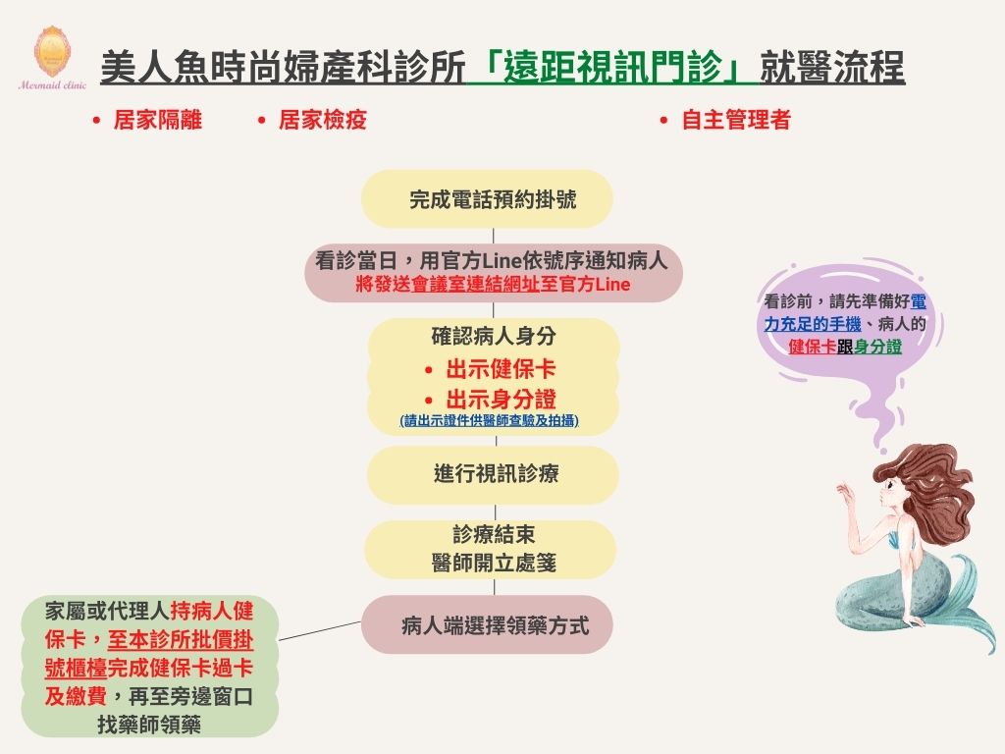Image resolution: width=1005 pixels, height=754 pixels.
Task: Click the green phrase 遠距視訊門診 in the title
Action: (x=612, y=68)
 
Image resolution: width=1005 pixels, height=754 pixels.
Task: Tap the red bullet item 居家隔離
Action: (x=158, y=120)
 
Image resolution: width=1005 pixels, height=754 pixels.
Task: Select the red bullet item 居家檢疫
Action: (x=322, y=120)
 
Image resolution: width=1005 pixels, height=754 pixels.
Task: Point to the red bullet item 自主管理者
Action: (x=736, y=120)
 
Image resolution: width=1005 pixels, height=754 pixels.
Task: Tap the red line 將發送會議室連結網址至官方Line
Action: (x=493, y=284)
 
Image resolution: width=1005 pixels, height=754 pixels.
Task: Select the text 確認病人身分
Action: (x=494, y=336)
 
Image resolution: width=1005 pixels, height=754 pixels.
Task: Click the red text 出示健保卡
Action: (x=501, y=369)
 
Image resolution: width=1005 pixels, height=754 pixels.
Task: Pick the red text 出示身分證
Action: (x=501, y=400)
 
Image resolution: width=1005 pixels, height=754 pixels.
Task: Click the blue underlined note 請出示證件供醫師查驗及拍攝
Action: (x=490, y=420)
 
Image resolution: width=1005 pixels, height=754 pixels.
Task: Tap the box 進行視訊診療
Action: (x=493, y=474)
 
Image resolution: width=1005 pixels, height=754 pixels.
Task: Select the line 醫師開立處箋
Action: (x=494, y=563)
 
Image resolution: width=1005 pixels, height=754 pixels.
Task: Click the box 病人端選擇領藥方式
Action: (x=487, y=624)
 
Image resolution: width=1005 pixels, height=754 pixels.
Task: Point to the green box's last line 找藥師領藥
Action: (x=149, y=725)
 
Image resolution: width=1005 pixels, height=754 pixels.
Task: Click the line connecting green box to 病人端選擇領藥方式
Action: (x=320, y=630)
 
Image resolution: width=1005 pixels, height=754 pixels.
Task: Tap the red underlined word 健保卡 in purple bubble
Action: (x=812, y=347)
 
